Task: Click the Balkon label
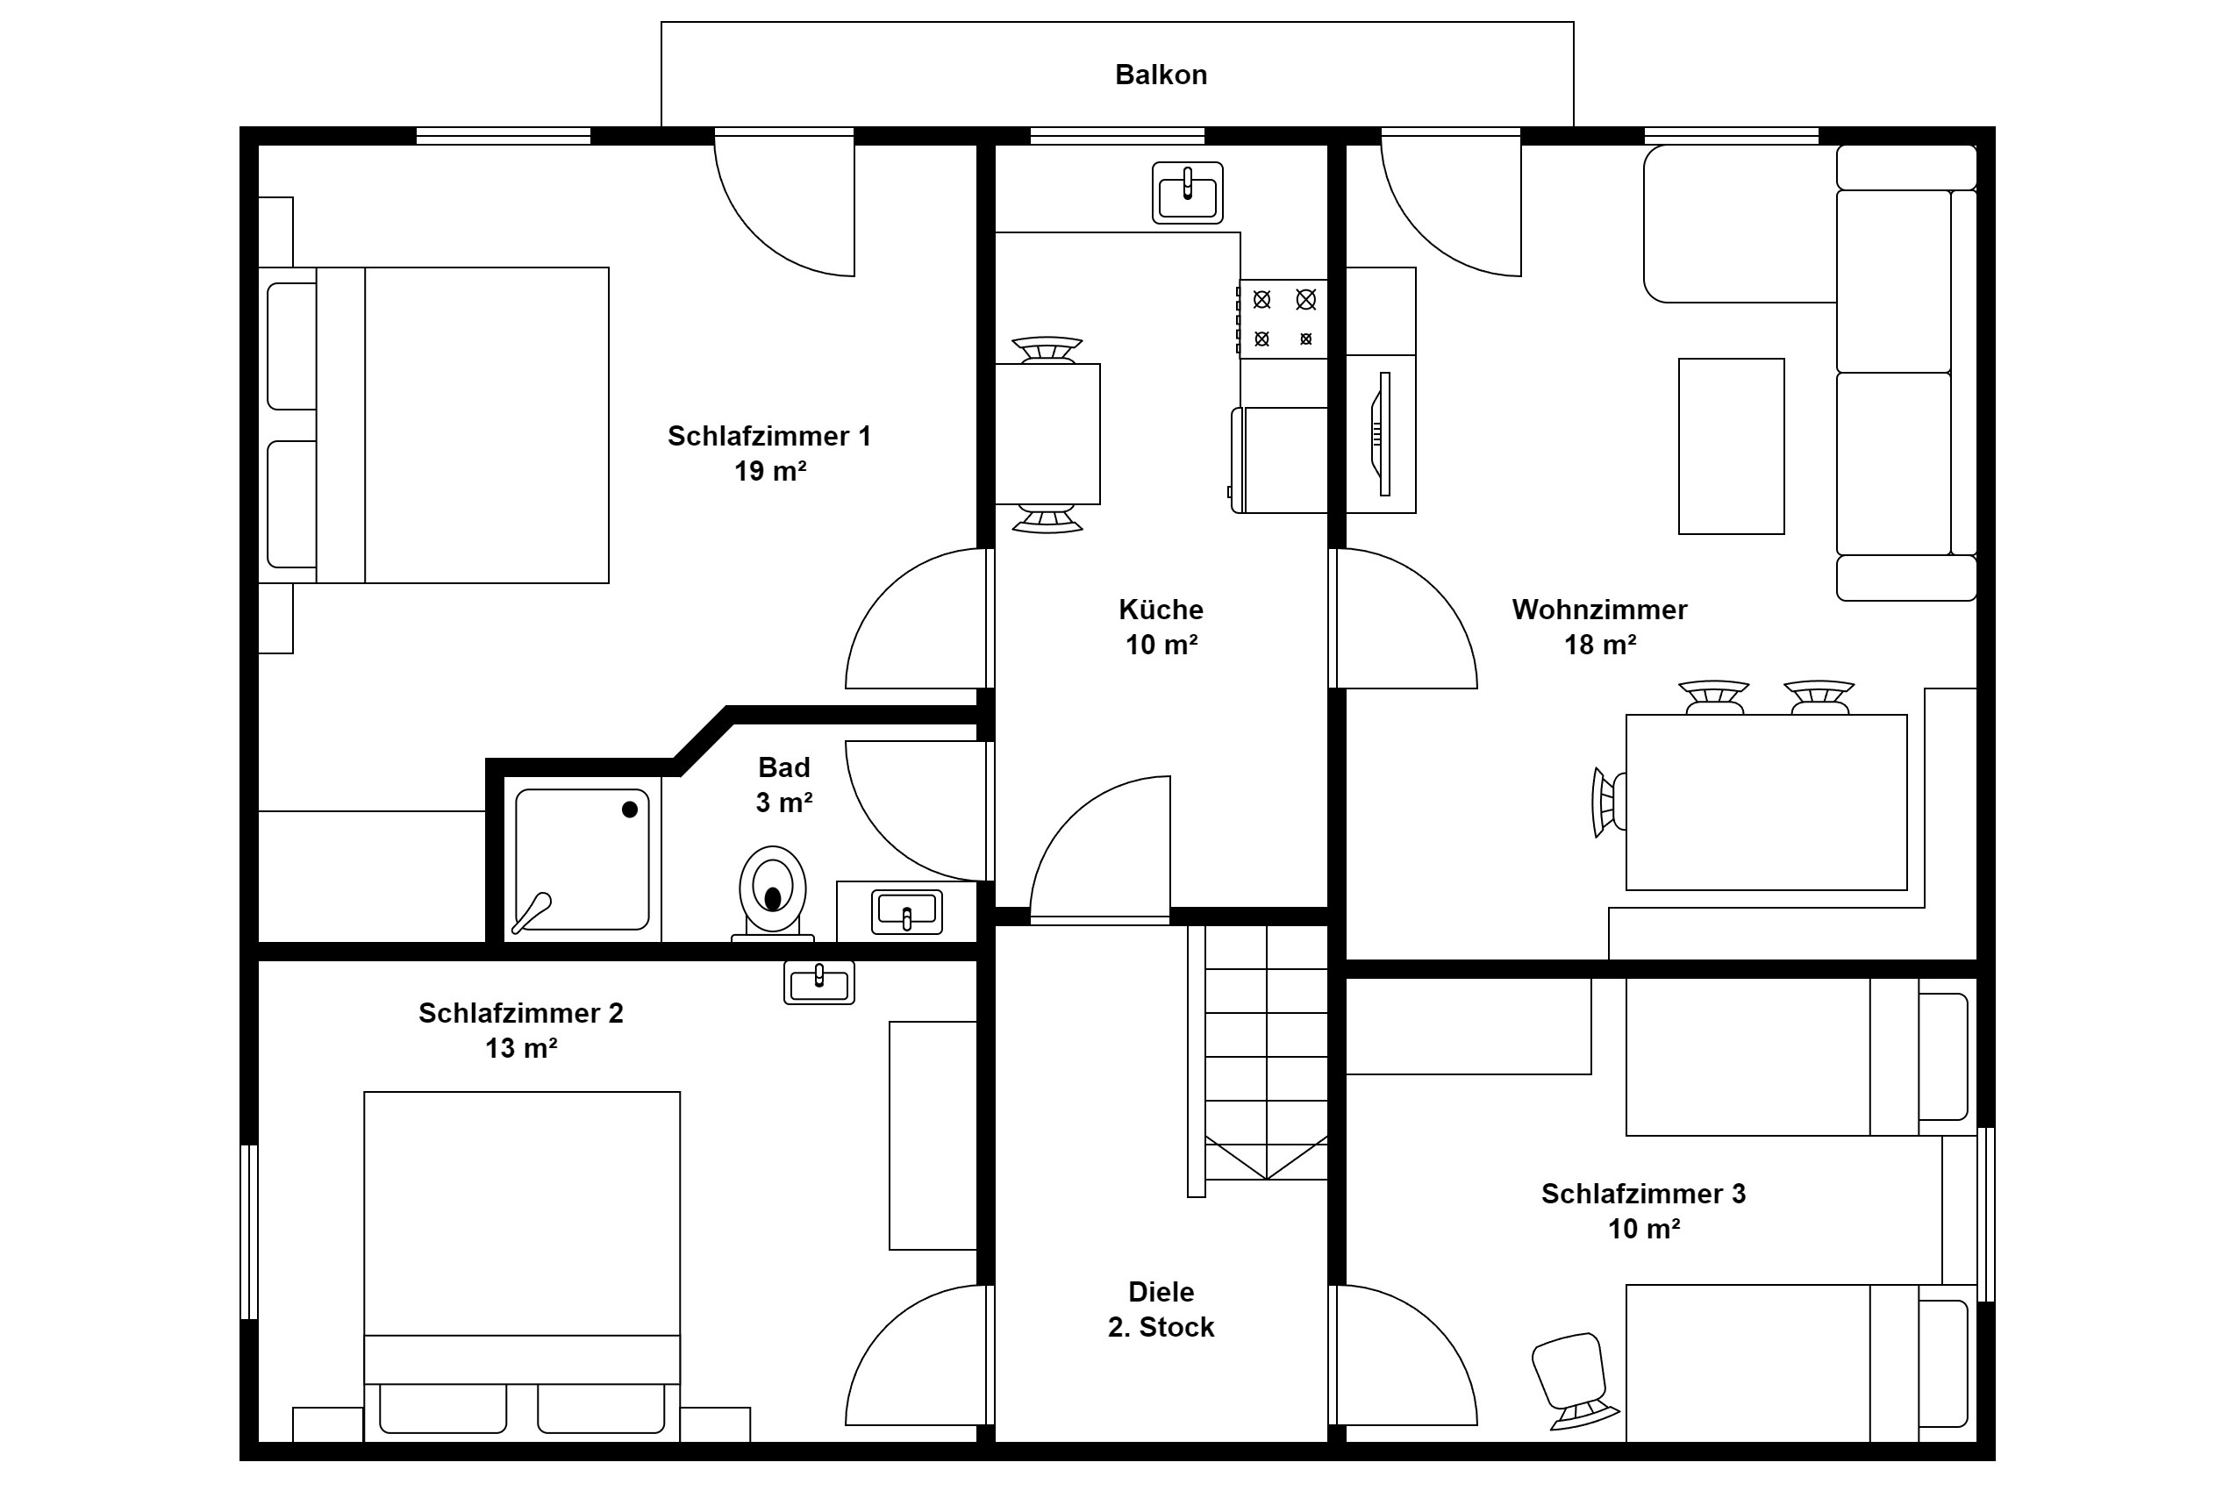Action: [1161, 75]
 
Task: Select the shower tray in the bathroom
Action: [582, 860]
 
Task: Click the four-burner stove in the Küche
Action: [1283, 318]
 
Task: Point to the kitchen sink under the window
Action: [1187, 193]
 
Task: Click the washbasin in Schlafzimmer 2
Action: [818, 982]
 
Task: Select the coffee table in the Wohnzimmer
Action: [1731, 446]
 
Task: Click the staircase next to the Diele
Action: [1257, 1061]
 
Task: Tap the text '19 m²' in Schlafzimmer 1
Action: [770, 471]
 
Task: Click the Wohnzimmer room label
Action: [1600, 610]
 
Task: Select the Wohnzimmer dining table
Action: [1766, 803]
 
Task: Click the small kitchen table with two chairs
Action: [1047, 433]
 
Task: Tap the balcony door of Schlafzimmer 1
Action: [784, 204]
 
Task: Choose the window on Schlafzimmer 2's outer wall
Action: [249, 1231]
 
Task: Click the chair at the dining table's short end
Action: [1608, 803]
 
